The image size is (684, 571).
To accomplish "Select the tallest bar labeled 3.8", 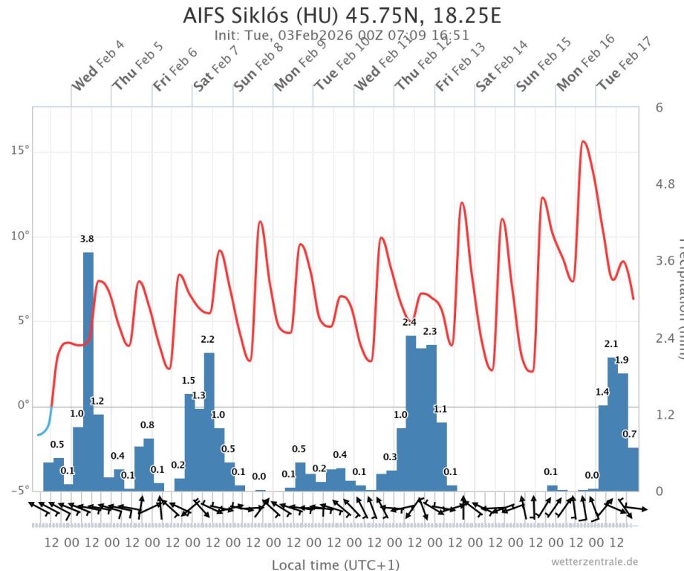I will tap(88, 372).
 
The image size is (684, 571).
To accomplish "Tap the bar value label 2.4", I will tap(409, 323).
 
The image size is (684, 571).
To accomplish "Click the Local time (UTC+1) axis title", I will tap(335, 565).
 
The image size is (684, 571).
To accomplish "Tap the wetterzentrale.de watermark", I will tap(594, 561).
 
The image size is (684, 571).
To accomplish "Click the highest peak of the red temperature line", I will tap(583, 141).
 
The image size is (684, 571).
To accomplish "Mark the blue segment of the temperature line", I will tap(43, 429).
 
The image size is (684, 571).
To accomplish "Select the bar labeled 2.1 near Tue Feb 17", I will tap(612, 424).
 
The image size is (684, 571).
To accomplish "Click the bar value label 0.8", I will tap(147, 425).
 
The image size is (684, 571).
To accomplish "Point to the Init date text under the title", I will tap(342, 34).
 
